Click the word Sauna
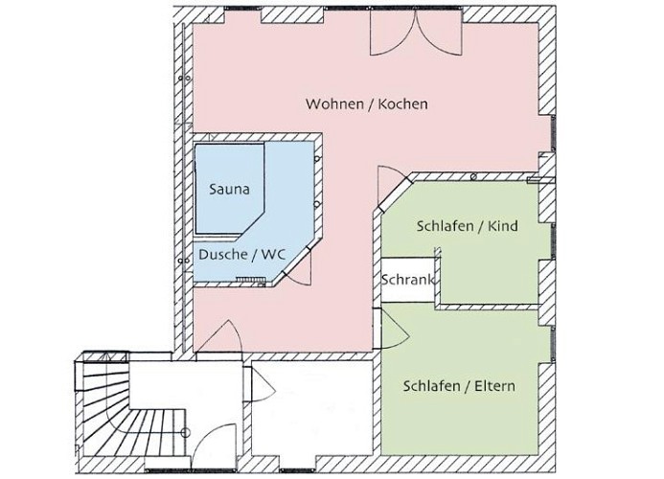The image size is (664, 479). (229, 189)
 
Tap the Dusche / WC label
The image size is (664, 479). (242, 255)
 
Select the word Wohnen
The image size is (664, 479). (333, 103)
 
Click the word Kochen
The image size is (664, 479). (402, 103)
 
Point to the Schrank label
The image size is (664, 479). (408, 280)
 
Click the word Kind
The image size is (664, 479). (503, 226)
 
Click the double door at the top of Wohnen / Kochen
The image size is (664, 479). (416, 33)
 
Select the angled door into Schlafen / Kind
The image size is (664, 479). (392, 188)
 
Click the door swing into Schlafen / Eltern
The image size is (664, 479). (394, 330)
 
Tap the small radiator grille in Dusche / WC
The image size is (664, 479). (250, 279)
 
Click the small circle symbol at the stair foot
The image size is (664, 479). (185, 432)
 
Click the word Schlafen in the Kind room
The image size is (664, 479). (446, 226)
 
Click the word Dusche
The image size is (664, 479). (223, 255)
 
